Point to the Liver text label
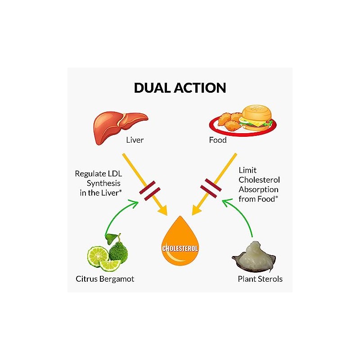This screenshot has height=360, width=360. tap(135, 140)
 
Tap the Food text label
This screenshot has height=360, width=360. tap(218, 140)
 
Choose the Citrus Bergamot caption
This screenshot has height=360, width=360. tap(105, 279)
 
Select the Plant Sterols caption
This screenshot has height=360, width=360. tap(260, 279)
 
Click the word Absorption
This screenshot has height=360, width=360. tap(259, 189)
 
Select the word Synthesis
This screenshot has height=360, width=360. tap(104, 184)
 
